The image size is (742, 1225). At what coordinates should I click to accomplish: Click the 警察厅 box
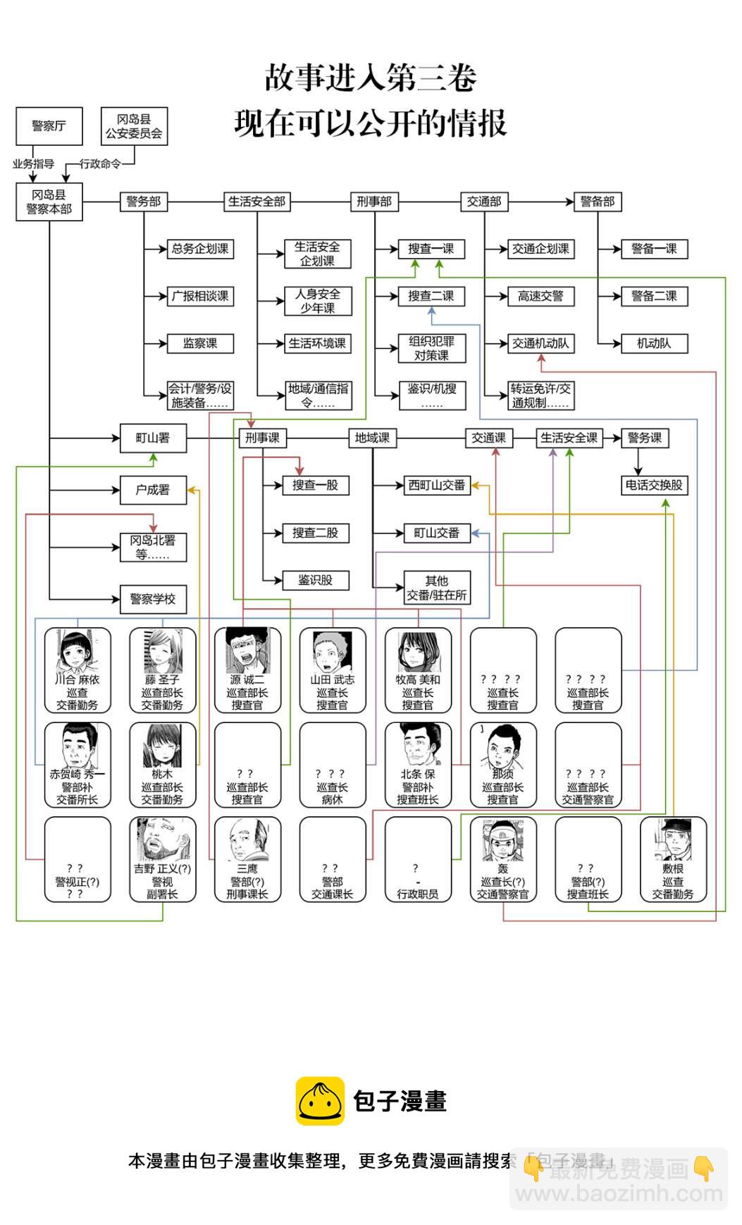[49, 126]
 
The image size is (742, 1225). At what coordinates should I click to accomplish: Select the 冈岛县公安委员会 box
[134, 126]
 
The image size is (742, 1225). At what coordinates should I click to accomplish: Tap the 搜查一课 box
[431, 249]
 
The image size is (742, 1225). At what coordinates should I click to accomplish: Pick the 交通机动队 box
[540, 344]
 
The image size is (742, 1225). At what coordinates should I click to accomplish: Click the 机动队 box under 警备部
[654, 344]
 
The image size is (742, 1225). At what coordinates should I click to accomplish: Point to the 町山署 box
[153, 438]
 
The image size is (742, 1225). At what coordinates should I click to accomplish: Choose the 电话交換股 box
[654, 485]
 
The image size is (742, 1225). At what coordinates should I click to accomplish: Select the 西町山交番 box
[437, 485]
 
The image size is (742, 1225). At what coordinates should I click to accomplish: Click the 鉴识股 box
[315, 580]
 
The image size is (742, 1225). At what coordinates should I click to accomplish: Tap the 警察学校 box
[153, 599]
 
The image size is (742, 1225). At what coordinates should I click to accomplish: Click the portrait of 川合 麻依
[78, 652]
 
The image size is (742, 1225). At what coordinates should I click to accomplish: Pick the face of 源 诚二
[247, 652]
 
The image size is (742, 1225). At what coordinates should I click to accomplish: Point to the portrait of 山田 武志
[333, 652]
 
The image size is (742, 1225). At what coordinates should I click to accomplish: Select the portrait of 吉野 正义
[162, 840]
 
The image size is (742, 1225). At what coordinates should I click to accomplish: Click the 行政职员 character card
[418, 859]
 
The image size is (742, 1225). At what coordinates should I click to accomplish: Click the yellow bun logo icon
[320, 1101]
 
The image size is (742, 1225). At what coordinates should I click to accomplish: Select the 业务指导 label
[33, 164]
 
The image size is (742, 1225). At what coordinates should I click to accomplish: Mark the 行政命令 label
[100, 164]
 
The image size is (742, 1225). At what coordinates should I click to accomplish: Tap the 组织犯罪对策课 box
[431, 348]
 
